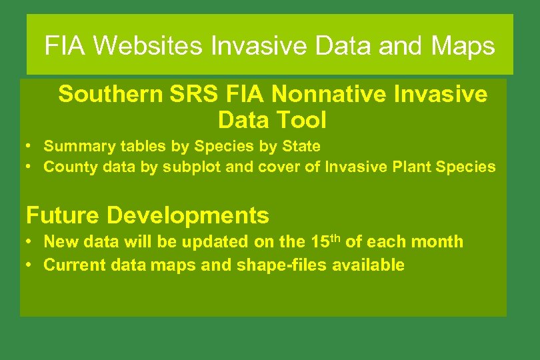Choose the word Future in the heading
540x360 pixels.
tap(63, 215)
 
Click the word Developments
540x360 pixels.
tap(188, 215)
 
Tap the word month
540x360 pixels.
tap(439, 241)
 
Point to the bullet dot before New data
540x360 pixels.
tap(31, 241)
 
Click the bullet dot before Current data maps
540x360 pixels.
tap(31, 265)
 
